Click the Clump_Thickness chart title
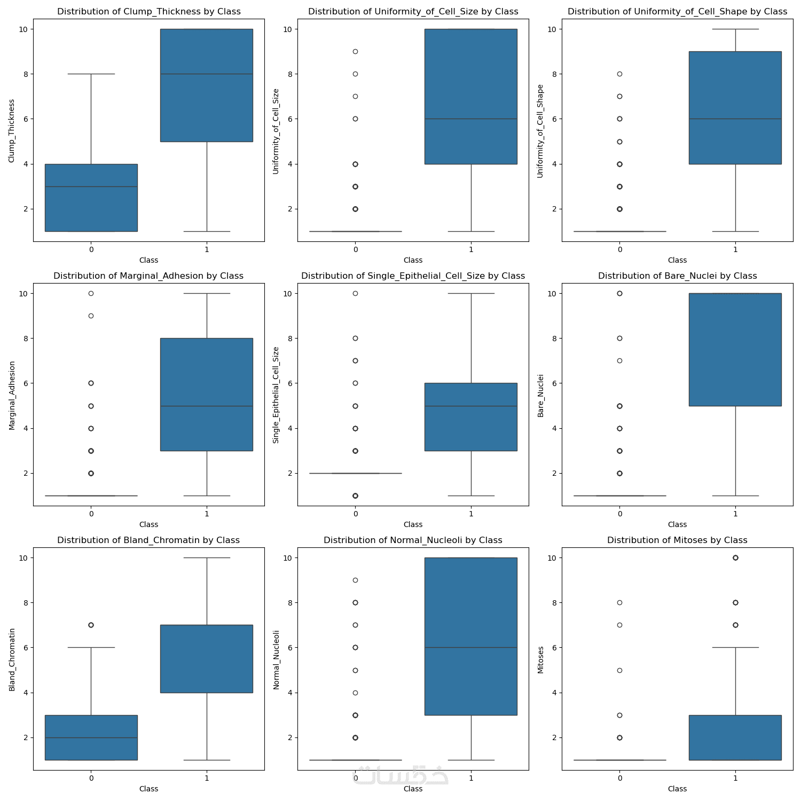click(x=148, y=11)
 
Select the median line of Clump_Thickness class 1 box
click(x=206, y=74)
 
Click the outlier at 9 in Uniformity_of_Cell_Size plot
click(x=355, y=52)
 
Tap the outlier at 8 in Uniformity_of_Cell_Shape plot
click(x=619, y=74)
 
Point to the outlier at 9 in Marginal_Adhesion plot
click(x=91, y=316)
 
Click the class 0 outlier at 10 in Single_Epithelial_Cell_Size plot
click(x=355, y=293)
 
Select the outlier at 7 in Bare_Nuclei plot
click(x=619, y=361)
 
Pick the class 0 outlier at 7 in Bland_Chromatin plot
click(x=91, y=625)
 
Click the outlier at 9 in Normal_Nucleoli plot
click(x=355, y=580)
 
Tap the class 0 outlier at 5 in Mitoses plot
click(x=619, y=670)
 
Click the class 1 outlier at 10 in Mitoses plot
click(x=735, y=557)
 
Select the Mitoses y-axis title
click(x=540, y=659)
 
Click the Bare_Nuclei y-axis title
click(x=540, y=395)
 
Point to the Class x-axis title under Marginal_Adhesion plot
click(x=148, y=524)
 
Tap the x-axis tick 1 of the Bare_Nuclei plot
click(x=735, y=514)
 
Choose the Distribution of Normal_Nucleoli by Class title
click(x=413, y=540)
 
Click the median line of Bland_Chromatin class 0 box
click(x=91, y=737)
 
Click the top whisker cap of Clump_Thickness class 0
click(x=91, y=74)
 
